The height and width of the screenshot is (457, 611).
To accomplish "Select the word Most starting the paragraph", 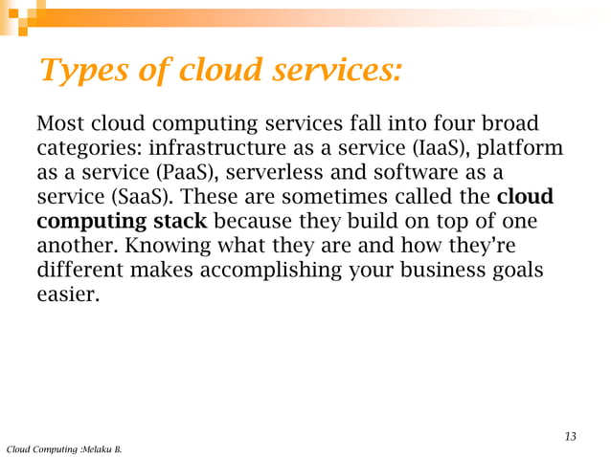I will [x=60, y=124].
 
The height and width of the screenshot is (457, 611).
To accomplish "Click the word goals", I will [x=520, y=272].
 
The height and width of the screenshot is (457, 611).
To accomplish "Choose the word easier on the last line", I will [x=67, y=295].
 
